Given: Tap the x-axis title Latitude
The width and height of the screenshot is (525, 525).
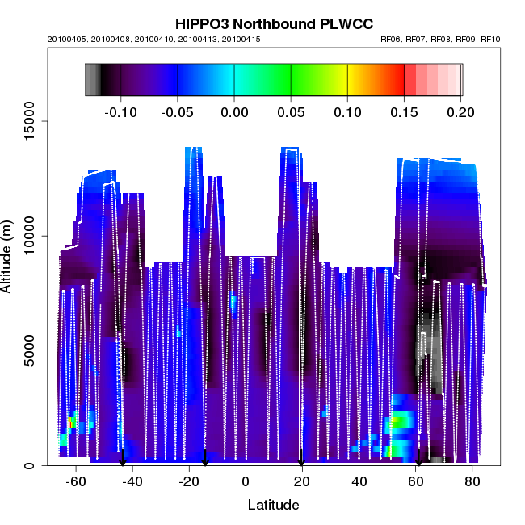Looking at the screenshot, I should (x=273, y=506).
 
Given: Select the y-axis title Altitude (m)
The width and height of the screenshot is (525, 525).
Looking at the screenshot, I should (x=10, y=256).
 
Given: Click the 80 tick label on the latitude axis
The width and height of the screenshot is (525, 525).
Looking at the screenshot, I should (x=472, y=481).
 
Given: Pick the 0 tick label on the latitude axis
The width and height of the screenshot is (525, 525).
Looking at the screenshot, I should (x=246, y=481).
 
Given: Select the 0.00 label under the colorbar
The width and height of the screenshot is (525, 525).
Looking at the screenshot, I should (x=234, y=111).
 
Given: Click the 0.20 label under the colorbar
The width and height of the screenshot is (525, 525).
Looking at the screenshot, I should (x=461, y=111).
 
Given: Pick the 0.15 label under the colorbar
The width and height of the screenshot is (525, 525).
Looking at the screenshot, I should (x=404, y=111).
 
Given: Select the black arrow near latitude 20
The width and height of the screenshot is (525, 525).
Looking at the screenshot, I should (x=301, y=460).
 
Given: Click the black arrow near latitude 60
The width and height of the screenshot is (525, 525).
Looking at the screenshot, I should (x=418, y=460).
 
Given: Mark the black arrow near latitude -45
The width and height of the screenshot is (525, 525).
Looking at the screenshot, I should (x=123, y=460).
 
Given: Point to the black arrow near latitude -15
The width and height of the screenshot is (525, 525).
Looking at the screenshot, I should (x=205, y=460).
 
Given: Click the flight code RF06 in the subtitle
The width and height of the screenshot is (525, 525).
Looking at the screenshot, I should (x=389, y=39).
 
